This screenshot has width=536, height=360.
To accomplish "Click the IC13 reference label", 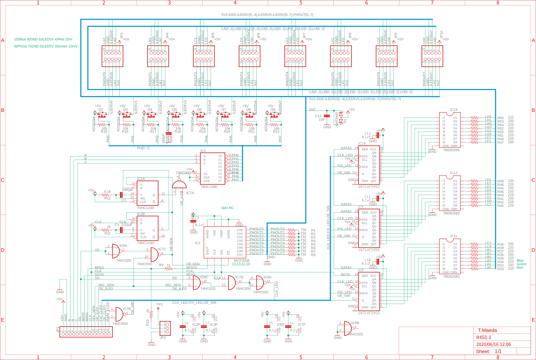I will pos(454,110).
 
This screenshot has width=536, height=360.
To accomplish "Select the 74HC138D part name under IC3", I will pos(209,187).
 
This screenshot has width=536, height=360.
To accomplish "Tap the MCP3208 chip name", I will pos(242,261).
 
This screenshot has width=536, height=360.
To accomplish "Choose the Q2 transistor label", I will pos(101,109).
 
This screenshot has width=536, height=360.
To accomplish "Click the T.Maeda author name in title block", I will pos(487,330).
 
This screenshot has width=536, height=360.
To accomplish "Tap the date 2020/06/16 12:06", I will pos(493,345).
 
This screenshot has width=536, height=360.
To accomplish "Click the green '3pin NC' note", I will pos(228,208).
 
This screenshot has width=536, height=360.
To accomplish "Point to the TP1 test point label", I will pos(160,304).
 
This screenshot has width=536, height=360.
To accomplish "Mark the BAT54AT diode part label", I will pos(337,119).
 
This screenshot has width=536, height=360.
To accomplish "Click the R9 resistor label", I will pos(161,265).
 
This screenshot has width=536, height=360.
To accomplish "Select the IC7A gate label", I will pos(190,193).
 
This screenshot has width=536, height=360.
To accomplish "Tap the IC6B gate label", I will pos(355,323).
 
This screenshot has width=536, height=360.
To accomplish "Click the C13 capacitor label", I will pos(318,116).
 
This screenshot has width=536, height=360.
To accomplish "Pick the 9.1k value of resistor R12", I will pos(107,192).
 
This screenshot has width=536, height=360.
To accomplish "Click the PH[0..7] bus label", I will pos(143,148).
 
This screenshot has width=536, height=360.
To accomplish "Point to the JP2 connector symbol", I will pos(165,328).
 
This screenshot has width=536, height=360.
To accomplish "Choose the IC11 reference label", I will pos(454,236).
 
